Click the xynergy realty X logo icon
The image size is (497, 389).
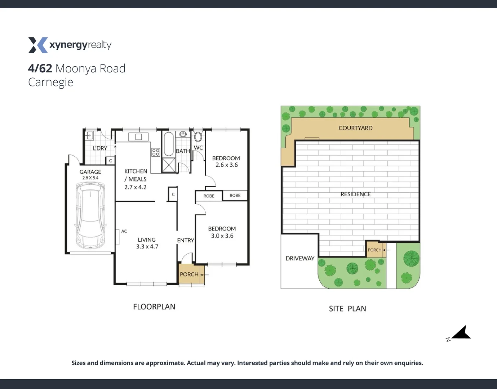point(38,45)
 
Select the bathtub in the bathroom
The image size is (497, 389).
point(168,144)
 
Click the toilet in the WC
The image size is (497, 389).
point(198,137)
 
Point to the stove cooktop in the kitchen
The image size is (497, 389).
point(156,152)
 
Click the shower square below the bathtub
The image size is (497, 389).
point(168,165)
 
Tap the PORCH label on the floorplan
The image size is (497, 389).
point(189,274)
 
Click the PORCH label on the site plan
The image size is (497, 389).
point(374,250)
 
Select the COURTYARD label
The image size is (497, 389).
point(355,128)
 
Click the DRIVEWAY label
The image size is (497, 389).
point(300,258)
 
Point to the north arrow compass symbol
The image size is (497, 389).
point(461,334)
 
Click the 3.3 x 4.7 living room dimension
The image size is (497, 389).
point(147,247)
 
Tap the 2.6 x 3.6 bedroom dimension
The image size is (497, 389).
point(227,165)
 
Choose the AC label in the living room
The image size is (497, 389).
point(124,232)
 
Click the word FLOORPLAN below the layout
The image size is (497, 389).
point(154,307)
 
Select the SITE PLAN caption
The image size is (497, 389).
point(347,309)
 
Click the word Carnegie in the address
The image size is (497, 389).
point(51,82)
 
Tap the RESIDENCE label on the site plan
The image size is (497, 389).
point(355,194)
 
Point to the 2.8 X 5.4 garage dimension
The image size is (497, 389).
point(90,178)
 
